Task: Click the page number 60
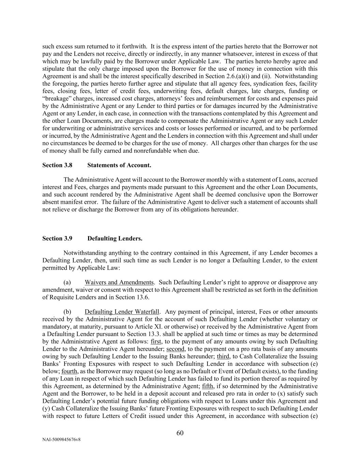coord(180,433)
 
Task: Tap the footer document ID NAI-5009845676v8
coord(61,440)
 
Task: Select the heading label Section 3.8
coord(57,165)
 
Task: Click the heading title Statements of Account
coord(119,165)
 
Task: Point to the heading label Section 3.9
coord(57,239)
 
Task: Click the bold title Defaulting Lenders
coord(115,239)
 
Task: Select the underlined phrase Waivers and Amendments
coord(119,282)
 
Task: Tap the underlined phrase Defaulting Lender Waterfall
coord(122,312)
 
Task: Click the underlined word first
coord(156,341)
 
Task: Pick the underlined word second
coord(175,349)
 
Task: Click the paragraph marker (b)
coord(67,312)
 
